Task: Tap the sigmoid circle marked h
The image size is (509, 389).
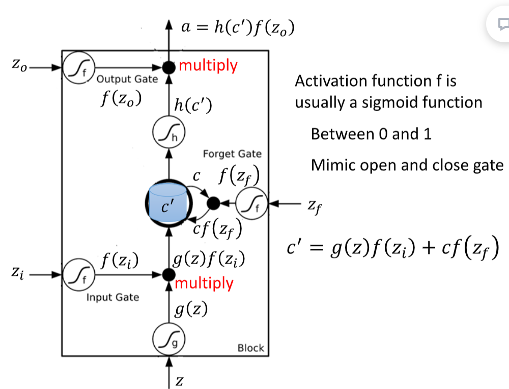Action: coord(168,134)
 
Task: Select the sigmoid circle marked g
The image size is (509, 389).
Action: coord(168,339)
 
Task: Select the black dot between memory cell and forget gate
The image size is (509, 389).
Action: coord(214,203)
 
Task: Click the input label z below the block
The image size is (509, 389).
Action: coord(180,381)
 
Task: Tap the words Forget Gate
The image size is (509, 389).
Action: coord(232,153)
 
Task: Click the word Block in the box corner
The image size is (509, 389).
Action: coord(251,348)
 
